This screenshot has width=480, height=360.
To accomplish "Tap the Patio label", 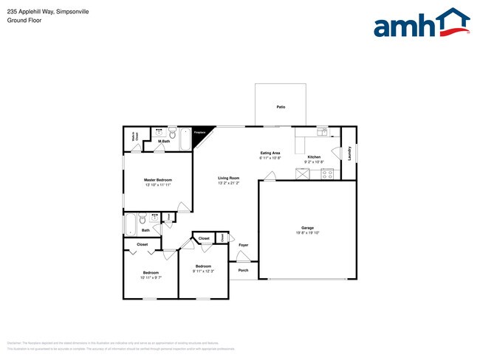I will tap(281, 108).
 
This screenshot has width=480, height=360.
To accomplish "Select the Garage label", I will tap(307, 228).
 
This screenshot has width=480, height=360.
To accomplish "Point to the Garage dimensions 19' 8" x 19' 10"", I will tap(307, 234).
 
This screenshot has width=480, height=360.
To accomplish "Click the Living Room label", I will tap(228, 178).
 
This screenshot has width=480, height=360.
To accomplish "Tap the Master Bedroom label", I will tap(158, 180).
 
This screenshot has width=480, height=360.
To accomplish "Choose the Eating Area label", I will tap(271, 153).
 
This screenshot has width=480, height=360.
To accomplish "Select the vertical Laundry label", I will tap(349, 153).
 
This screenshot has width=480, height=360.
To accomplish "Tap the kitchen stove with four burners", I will tap(327, 174).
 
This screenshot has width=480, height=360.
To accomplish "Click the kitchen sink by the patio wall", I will tap(323, 132).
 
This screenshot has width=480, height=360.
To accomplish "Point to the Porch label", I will tap(243, 270).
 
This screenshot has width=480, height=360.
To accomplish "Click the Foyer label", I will tap(243, 245).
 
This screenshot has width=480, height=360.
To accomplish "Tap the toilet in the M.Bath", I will tap(171, 134).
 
